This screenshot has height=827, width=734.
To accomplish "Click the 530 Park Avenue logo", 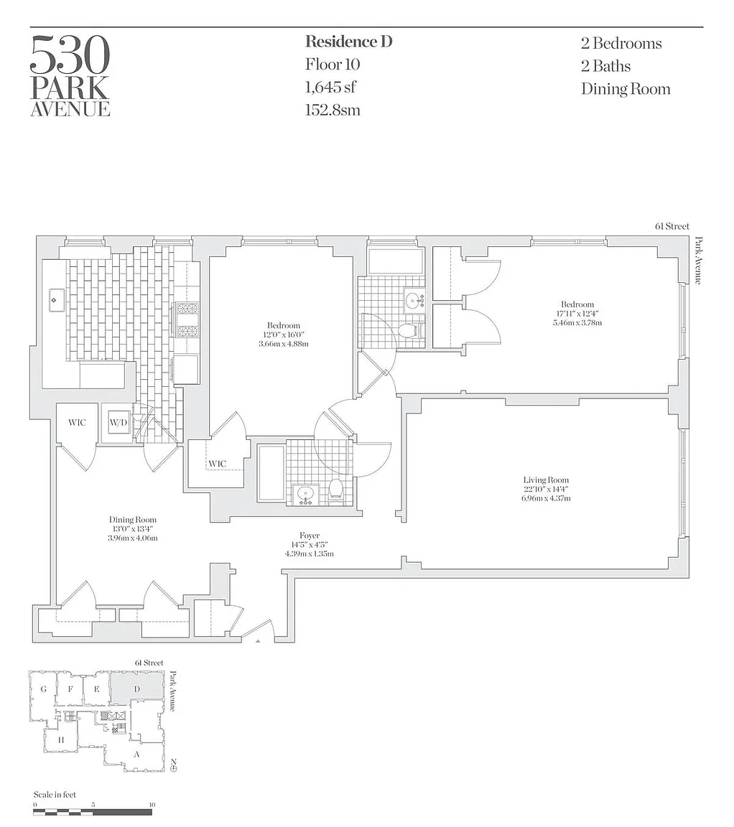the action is (70, 76).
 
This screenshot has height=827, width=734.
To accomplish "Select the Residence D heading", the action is (349, 42).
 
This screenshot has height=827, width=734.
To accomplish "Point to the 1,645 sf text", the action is (330, 87).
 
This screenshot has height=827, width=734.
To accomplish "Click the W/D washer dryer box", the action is (119, 422).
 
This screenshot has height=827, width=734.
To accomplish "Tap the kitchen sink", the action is (57, 300).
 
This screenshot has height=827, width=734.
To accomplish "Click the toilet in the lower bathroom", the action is (335, 491).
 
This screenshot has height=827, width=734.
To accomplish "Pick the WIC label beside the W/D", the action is (77, 422).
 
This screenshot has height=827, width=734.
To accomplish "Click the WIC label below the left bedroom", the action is (218, 464).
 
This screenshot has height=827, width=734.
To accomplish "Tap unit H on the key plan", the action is (60, 740).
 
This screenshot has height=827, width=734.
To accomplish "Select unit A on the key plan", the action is (136, 754).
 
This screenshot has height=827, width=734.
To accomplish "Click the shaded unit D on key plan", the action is (136, 688).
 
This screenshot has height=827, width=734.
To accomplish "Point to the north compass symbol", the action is (173, 766).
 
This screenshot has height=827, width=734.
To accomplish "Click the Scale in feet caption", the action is (55, 794).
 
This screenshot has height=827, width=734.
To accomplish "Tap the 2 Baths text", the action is (605, 66).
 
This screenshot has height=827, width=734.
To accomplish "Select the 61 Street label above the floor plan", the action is (672, 226).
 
